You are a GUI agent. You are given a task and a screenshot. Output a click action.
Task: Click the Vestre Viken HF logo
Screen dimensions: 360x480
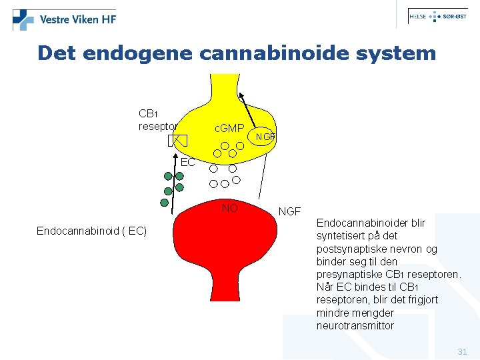click(65, 19)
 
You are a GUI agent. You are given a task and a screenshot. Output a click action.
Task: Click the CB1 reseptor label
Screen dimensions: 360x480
click(157, 119)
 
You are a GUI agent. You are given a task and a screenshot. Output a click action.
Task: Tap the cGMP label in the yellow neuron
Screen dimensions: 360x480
click(229, 127)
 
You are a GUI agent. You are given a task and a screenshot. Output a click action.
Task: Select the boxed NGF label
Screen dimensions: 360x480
click(265, 137)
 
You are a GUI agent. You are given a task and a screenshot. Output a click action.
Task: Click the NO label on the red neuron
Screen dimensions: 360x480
click(229, 209)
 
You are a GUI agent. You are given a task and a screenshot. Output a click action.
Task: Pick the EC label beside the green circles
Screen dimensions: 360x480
click(187, 162)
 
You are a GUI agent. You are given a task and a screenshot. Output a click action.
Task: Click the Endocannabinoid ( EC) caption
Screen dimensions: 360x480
click(91, 231)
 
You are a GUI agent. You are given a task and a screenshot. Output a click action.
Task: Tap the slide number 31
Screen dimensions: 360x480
click(462, 351)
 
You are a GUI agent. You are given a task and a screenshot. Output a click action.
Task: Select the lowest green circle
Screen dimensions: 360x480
click(164, 202)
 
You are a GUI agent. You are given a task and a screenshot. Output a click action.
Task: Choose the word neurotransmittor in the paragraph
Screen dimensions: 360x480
click(355, 326)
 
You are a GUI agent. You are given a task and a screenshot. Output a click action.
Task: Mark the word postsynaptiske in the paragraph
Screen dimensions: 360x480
click(349, 249)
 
